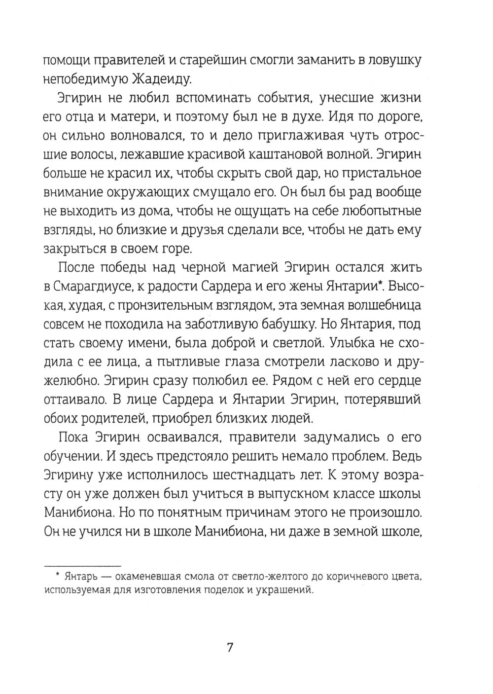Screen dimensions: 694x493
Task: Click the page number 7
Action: tap(229, 647)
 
